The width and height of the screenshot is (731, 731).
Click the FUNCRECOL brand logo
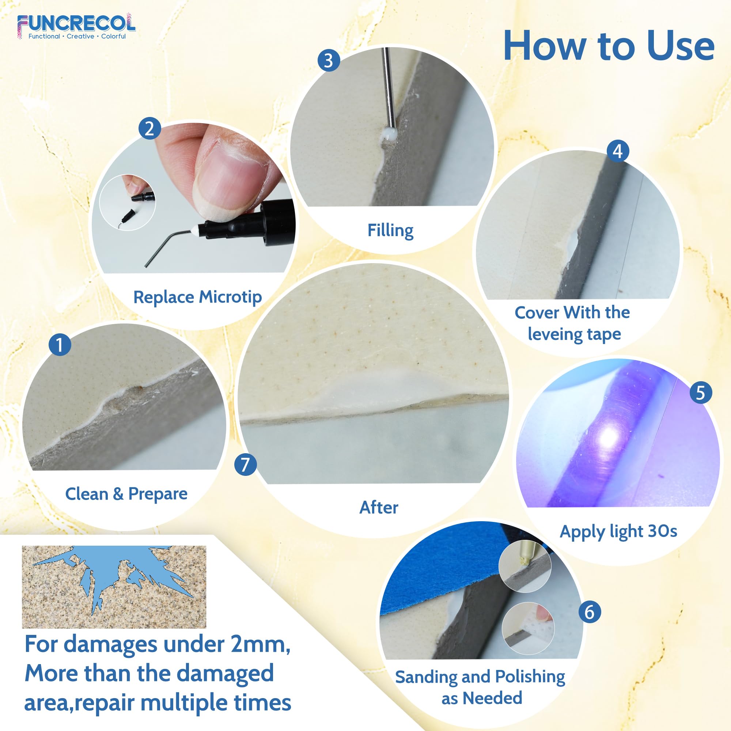click(x=76, y=26)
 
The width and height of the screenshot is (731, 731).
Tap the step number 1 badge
click(x=60, y=344)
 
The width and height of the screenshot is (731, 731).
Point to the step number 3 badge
click(x=329, y=61)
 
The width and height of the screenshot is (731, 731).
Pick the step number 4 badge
click(x=617, y=151)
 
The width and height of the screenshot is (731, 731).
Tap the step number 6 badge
click(x=589, y=612)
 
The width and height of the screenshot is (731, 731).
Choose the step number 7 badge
click(x=245, y=464)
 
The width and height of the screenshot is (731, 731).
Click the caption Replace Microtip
click(x=197, y=298)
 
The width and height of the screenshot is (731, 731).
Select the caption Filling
click(x=390, y=230)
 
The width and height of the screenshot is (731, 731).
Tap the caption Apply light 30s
click(x=618, y=531)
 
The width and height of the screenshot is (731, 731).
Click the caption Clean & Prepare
click(x=126, y=494)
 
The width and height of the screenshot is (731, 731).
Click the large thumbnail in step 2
click(x=128, y=202)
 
